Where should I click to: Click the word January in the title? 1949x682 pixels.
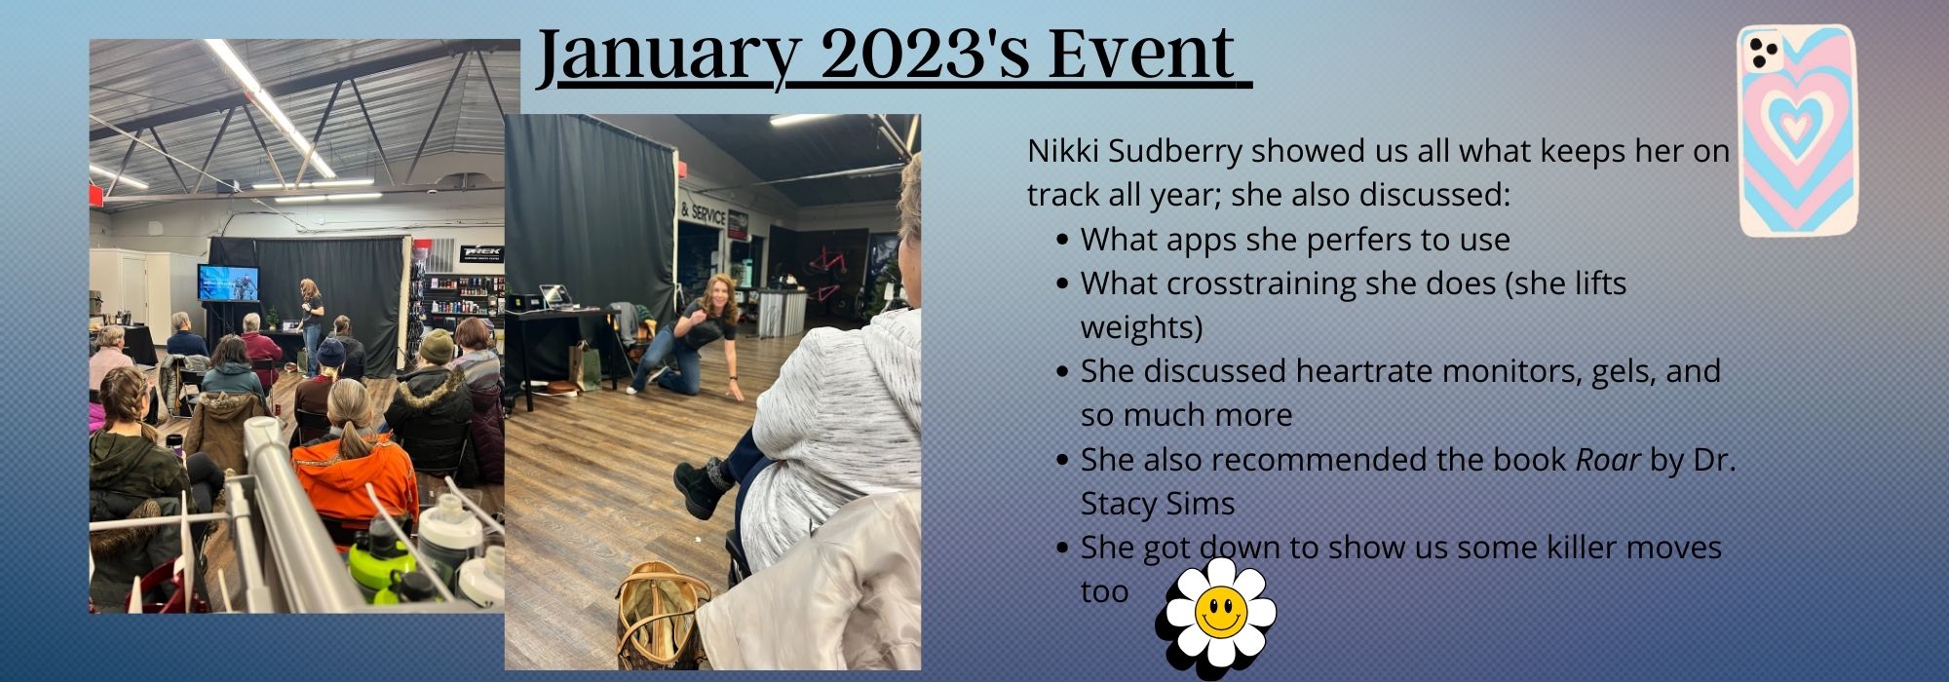pyautogui.click(x=667, y=56)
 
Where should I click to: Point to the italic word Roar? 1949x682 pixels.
pyautogui.click(x=1608, y=459)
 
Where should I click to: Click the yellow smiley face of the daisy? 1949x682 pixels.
pyautogui.click(x=1220, y=612)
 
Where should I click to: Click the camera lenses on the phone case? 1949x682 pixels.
pyautogui.click(x=1762, y=53)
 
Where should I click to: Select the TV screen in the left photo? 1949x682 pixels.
pyautogui.click(x=228, y=283)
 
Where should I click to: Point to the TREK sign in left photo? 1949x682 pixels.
pyautogui.click(x=481, y=252)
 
